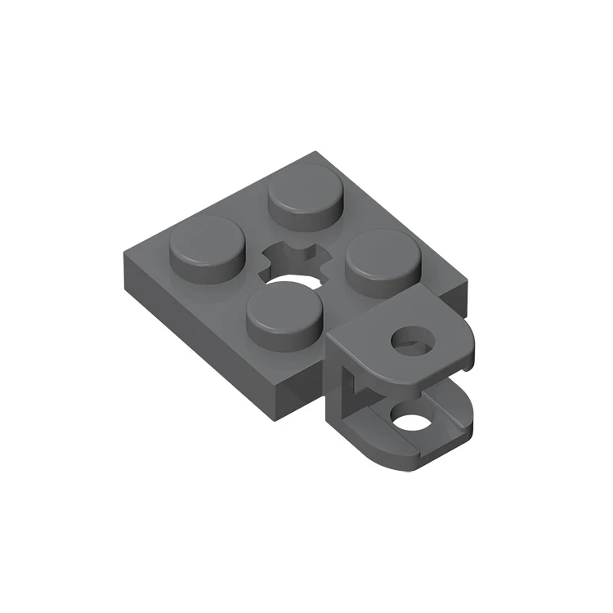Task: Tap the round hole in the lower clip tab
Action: tap(412, 423)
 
